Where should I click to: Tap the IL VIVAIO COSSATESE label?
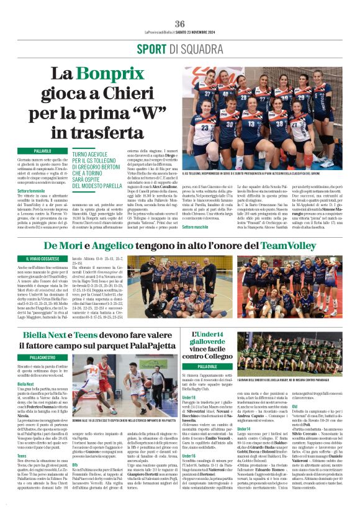coord(43,258)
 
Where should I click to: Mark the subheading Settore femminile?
coord(31,191)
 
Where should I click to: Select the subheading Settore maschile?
coord(197,227)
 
